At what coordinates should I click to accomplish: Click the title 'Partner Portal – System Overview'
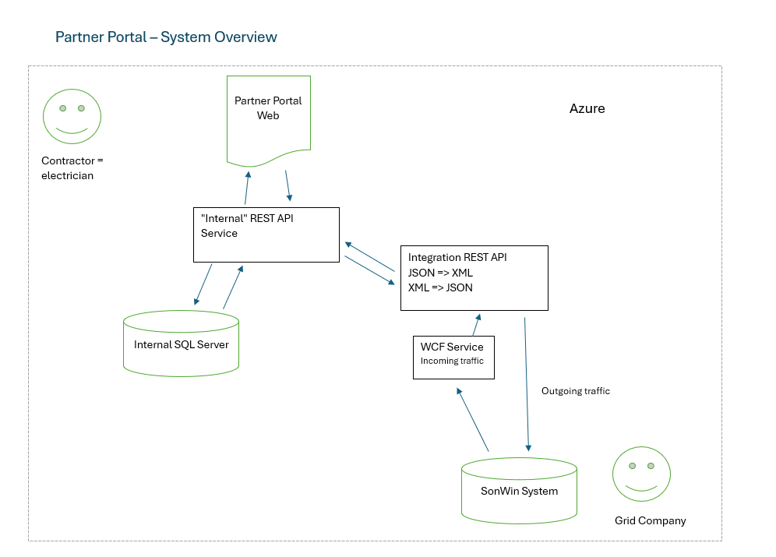(166, 37)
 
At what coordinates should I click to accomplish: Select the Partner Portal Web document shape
(268, 118)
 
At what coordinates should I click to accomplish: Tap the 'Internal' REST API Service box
(266, 235)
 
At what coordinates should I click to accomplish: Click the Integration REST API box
(474, 278)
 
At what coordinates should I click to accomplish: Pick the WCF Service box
(453, 358)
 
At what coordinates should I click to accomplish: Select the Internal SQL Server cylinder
(181, 344)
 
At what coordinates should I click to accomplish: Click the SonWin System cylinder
(519, 491)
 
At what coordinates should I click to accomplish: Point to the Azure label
(587, 108)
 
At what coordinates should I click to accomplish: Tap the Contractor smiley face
(72, 117)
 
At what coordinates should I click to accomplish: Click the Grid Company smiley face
(641, 474)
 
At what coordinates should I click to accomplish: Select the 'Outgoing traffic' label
(576, 391)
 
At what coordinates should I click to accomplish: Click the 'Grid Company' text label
(651, 520)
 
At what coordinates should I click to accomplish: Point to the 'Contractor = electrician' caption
(72, 168)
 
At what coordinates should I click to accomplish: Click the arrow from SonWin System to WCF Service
(473, 419)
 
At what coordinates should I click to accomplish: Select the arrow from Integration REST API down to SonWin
(527, 384)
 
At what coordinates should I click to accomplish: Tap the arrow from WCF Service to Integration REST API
(477, 325)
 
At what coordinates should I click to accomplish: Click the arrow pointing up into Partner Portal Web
(247, 188)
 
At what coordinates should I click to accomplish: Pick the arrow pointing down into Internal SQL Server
(203, 284)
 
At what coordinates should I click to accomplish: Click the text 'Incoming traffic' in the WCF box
(452, 361)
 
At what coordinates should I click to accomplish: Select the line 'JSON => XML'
(440, 273)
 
